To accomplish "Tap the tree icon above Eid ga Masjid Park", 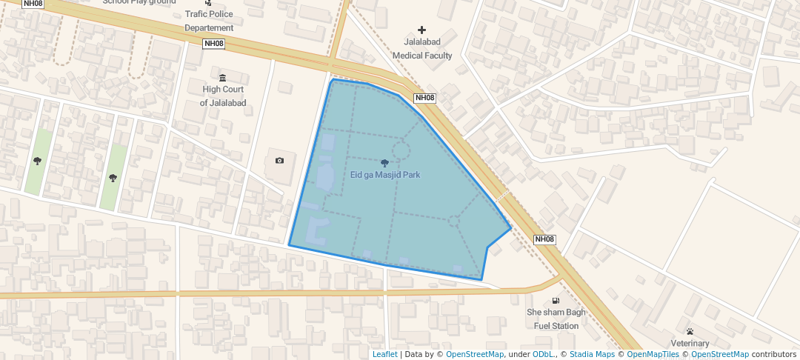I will [384, 163].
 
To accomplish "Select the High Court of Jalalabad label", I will [223, 96].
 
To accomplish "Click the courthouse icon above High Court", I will [222, 78].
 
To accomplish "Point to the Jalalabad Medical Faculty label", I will [422, 50].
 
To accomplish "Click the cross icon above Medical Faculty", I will [422, 30].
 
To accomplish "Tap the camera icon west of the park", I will [279, 161].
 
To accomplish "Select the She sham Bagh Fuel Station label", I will [556, 319].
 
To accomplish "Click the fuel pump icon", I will [556, 301].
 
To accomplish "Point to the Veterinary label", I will [690, 343].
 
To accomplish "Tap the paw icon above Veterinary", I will [690, 330].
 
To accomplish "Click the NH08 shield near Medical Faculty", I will [424, 98].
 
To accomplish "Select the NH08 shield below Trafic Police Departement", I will [213, 44].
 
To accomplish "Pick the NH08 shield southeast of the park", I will [544, 239].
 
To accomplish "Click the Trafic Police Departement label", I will [209, 21].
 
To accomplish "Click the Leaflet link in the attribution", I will [384, 354].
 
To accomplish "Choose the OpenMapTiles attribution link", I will [650, 354].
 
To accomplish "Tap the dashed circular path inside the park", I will [401, 150].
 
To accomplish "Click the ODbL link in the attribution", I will [543, 354].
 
